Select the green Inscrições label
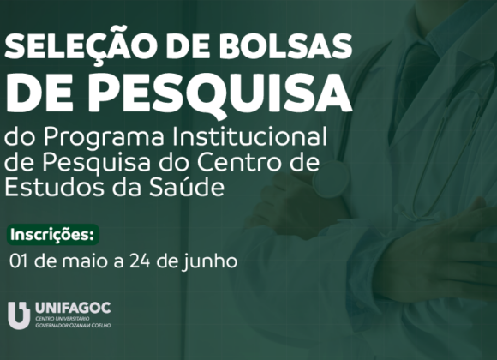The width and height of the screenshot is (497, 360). pyautogui.click(x=53, y=234)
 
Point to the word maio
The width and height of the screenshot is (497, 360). pyautogui.click(x=88, y=258)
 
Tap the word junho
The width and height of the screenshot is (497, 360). pyautogui.click(x=212, y=259)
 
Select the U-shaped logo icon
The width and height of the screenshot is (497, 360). pyautogui.click(x=19, y=315)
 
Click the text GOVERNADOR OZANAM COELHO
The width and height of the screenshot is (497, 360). pyautogui.click(x=73, y=326)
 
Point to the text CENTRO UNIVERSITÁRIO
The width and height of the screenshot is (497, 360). pyautogui.click(x=57, y=320)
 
